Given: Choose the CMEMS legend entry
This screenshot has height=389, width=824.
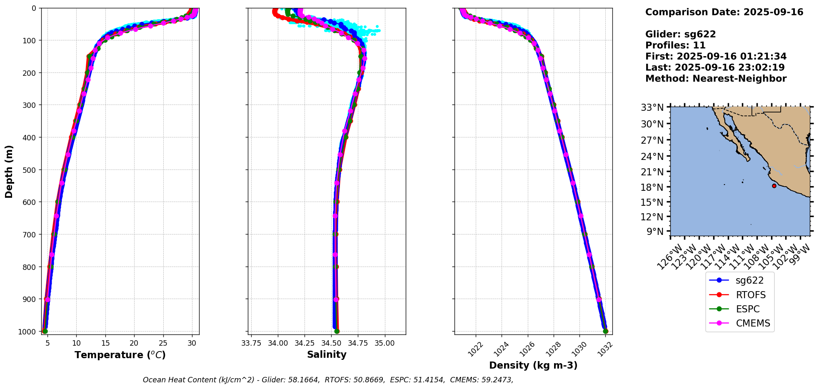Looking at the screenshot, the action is pyautogui.click(x=740, y=323).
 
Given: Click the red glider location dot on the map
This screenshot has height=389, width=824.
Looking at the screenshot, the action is pyautogui.click(x=774, y=186).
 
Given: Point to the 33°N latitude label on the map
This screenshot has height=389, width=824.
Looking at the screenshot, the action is pyautogui.click(x=652, y=108).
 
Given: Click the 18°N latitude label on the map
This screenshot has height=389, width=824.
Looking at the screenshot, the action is pyautogui.click(x=652, y=187).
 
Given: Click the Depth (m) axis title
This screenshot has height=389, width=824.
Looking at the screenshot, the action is pyautogui.click(x=9, y=171).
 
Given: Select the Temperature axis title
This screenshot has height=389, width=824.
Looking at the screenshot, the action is pyautogui.click(x=120, y=355).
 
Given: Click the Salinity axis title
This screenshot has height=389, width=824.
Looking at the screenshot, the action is pyautogui.click(x=327, y=354).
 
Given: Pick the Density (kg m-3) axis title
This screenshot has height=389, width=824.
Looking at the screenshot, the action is pyautogui.click(x=533, y=365).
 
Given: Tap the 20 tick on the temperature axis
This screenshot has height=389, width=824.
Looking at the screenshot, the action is pyautogui.click(x=134, y=343).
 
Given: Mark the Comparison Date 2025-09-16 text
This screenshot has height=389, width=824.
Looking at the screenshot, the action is pyautogui.click(x=724, y=12).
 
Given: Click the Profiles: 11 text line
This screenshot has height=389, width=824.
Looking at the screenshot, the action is pyautogui.click(x=675, y=45).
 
